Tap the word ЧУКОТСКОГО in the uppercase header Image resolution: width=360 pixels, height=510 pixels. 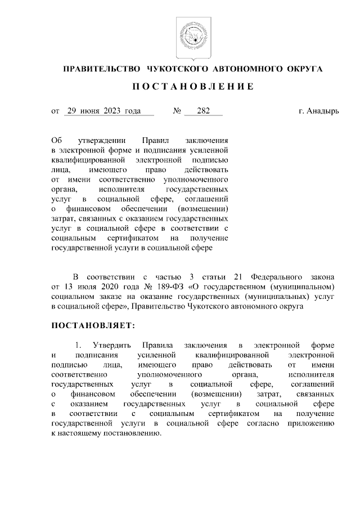pyautogui.click(x=177, y=69)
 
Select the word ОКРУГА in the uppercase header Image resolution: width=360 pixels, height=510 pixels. pyautogui.click(x=299, y=69)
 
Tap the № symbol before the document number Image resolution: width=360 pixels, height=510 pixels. pyautogui.click(x=176, y=111)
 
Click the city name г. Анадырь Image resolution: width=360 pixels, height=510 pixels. pyautogui.click(x=319, y=111)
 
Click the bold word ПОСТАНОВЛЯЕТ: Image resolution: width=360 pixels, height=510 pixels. pyautogui.click(x=93, y=326)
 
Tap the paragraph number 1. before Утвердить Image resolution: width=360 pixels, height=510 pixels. pyautogui.click(x=79, y=345)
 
